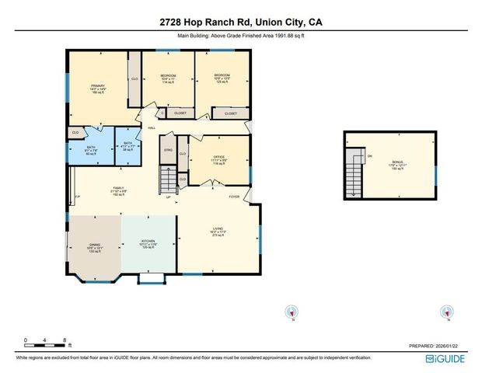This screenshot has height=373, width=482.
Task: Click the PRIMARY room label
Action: (97, 86)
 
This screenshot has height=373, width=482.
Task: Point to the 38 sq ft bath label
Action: (128, 145)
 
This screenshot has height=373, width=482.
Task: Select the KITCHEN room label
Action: (148, 242)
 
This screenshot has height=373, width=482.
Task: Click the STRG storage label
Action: (167, 149)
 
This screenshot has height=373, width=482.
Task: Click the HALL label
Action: (152, 127)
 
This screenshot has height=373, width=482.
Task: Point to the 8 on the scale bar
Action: (65, 340)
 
